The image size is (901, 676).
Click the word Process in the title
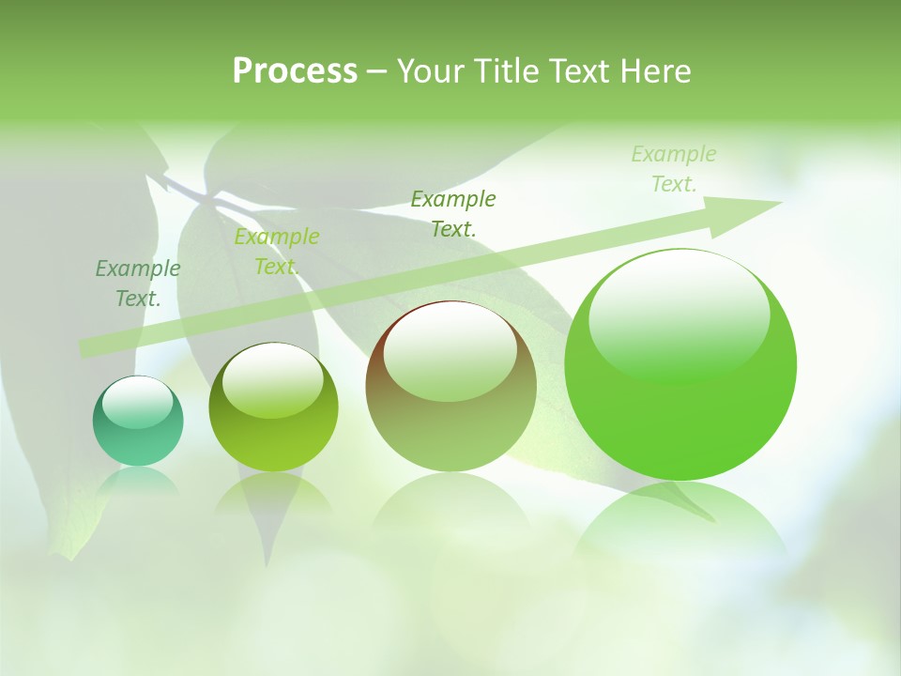295,71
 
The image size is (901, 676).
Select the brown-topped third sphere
450,413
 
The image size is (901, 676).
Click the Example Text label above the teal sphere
138,284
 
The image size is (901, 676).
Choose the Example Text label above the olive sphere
277,252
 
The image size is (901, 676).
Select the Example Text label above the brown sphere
453,213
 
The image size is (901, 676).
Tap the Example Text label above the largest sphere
674,169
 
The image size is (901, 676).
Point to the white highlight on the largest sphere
680,315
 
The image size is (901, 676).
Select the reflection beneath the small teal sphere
138,481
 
